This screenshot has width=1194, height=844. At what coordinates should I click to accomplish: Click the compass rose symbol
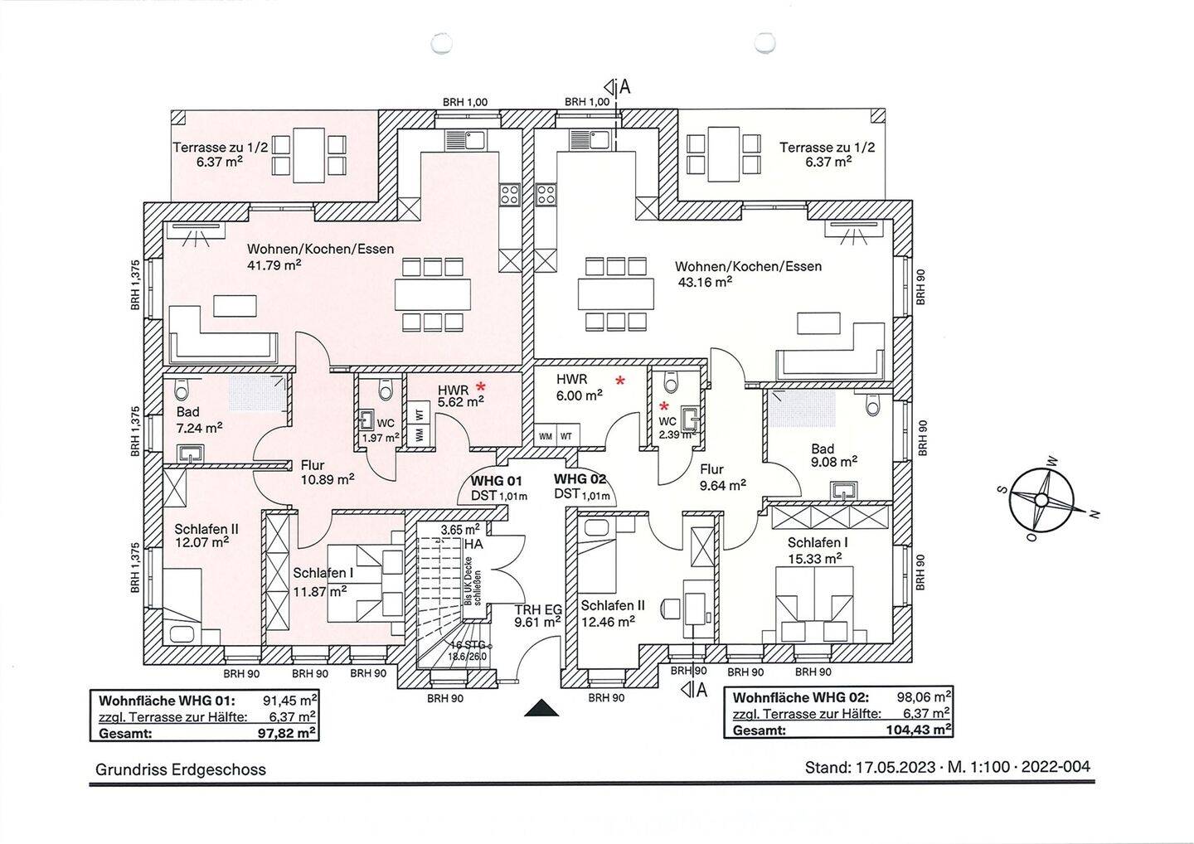[1041, 499]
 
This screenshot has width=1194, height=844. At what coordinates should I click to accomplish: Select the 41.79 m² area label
[274, 264]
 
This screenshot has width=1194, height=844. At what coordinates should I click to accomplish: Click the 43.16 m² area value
[704, 282]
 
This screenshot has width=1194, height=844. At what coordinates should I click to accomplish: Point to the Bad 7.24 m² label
[199, 420]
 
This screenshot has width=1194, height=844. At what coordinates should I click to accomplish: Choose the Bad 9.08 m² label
[833, 455]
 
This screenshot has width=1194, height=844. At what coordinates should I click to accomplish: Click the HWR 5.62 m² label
[460, 395]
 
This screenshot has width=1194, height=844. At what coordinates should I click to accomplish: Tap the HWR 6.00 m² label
[580, 387]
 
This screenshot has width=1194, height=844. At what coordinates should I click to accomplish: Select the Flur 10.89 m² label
[327, 472]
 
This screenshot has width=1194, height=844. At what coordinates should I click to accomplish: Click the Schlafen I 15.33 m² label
[818, 551]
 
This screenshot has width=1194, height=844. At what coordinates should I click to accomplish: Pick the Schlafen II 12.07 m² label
[206, 536]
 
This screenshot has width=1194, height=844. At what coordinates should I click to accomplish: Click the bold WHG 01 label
[496, 481]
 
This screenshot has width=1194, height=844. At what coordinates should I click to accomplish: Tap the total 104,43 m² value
[919, 730]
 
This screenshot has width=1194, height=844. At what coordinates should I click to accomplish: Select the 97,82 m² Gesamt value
[287, 733]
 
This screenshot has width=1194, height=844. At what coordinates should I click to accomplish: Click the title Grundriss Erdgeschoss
[181, 769]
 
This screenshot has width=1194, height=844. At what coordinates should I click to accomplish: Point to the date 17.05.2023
[895, 767]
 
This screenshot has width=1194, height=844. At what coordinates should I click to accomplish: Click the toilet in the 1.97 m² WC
[385, 390]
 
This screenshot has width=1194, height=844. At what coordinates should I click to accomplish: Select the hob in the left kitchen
[509, 195]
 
